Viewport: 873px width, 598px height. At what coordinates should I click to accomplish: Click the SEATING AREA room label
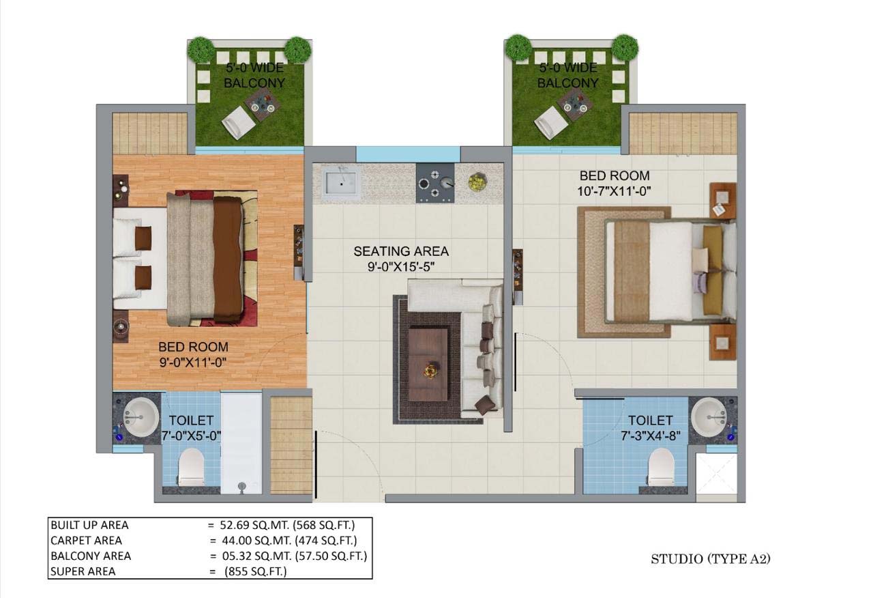tap(401, 251)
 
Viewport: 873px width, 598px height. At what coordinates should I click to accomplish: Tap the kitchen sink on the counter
tap(341, 183)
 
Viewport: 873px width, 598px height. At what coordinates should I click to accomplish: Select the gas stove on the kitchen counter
tap(435, 183)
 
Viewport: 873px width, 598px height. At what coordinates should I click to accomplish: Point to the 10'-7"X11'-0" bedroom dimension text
tap(615, 192)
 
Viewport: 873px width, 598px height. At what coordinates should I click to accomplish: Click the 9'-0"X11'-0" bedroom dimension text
tap(193, 362)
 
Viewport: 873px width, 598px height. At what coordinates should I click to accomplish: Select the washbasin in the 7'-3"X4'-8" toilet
tap(709, 417)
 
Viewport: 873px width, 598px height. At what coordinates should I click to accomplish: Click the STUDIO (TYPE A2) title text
tap(711, 559)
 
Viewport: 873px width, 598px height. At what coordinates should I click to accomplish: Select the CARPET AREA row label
tap(86, 541)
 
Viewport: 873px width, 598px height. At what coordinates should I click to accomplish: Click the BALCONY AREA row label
tap(91, 556)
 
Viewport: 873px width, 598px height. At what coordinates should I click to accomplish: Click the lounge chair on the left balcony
tap(239, 123)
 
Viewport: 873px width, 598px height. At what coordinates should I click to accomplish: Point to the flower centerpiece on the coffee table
tap(430, 370)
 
